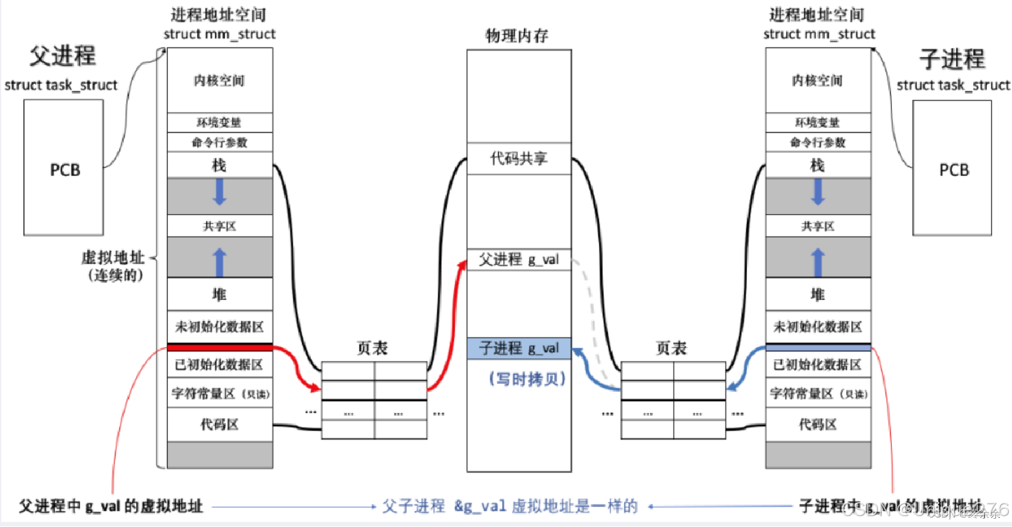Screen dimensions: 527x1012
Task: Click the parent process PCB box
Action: click(x=64, y=169)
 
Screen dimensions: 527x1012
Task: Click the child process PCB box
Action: click(x=953, y=169)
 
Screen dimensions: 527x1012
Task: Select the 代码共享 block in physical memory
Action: click(x=518, y=158)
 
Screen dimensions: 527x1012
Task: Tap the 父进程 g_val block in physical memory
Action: click(x=518, y=259)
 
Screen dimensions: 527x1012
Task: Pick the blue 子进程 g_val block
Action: click(x=518, y=348)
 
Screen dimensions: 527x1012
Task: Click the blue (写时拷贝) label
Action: click(x=527, y=379)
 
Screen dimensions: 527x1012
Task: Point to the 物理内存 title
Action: click(x=517, y=36)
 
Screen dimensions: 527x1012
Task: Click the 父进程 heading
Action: click(x=63, y=56)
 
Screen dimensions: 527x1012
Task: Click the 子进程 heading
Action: click(x=952, y=59)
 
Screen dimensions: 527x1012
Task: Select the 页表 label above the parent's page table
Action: click(x=372, y=348)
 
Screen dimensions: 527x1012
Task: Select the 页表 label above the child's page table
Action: click(x=671, y=348)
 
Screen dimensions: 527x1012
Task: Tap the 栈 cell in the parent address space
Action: click(x=220, y=165)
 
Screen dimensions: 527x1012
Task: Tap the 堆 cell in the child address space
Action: click(x=818, y=294)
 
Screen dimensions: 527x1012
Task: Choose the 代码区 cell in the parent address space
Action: click(x=220, y=425)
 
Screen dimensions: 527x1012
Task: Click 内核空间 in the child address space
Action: click(x=818, y=80)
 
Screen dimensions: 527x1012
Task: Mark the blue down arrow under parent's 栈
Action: click(x=220, y=192)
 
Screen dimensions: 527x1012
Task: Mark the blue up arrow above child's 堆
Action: click(x=818, y=262)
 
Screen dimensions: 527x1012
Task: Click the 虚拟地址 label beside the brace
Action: click(x=113, y=257)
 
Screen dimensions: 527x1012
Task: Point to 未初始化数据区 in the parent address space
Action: click(x=220, y=327)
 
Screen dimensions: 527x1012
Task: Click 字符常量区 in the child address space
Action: click(x=818, y=394)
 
